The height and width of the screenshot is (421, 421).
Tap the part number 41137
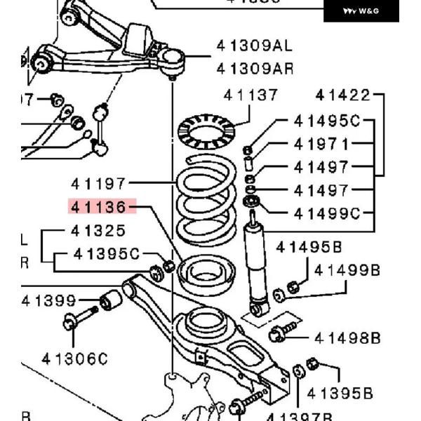coord(250,95)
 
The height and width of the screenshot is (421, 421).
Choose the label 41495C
coord(326,121)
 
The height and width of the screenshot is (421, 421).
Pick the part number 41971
coord(321,145)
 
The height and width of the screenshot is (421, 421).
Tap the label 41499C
coord(326,213)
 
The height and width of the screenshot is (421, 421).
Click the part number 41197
coord(98,184)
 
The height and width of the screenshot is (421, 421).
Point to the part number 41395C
coord(107,253)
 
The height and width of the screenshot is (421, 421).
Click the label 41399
coord(48,301)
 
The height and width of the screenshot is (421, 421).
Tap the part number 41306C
coord(74,359)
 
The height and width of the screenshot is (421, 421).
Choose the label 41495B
coord(309,247)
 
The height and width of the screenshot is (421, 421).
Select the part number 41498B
coord(347,338)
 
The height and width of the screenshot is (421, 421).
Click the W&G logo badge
coord(361,11)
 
